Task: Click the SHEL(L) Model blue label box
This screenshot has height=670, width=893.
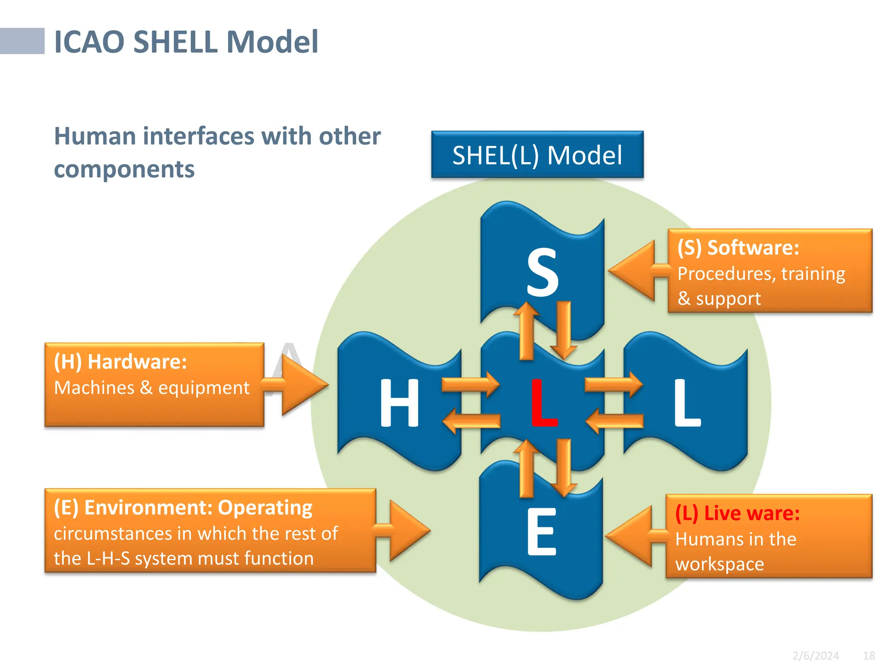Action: pos(537,155)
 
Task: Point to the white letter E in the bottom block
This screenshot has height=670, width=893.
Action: pos(542,532)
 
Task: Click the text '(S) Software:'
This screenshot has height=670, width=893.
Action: pos(738,248)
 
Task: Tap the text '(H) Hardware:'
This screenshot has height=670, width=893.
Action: pos(120,362)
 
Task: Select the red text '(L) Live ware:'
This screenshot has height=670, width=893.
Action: pos(737,513)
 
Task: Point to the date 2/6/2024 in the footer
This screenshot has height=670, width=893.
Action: pos(815,656)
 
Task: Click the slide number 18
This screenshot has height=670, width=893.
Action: pos(869,656)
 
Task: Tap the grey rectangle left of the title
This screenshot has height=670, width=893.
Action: pos(22,41)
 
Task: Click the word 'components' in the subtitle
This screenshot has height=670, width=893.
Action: pos(124,169)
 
